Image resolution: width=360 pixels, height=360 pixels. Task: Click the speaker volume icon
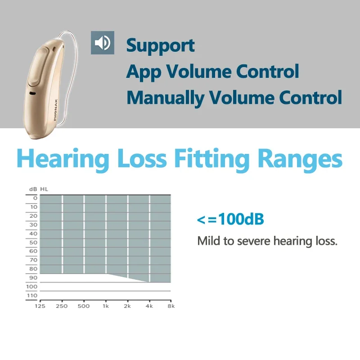(103, 43)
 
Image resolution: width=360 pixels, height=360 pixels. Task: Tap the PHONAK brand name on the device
(55, 110)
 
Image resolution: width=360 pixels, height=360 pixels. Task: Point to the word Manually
(165, 98)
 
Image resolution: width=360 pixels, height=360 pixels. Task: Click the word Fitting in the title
(211, 159)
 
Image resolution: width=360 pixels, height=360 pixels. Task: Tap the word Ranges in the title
(300, 159)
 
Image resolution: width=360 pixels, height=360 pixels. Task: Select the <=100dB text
(230, 219)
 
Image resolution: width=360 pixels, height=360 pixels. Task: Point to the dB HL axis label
(39, 189)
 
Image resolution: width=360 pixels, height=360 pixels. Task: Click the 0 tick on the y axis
(35, 198)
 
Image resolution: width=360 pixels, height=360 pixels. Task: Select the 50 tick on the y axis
(33, 243)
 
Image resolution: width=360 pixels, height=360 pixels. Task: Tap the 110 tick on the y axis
(32, 296)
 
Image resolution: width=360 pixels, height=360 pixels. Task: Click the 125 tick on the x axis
(40, 306)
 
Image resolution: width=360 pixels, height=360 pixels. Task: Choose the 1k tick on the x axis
(106, 306)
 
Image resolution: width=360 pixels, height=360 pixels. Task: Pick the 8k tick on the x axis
(171, 306)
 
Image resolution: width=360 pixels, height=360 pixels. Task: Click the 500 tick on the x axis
(84, 306)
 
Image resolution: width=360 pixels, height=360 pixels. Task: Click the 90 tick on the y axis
(33, 278)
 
